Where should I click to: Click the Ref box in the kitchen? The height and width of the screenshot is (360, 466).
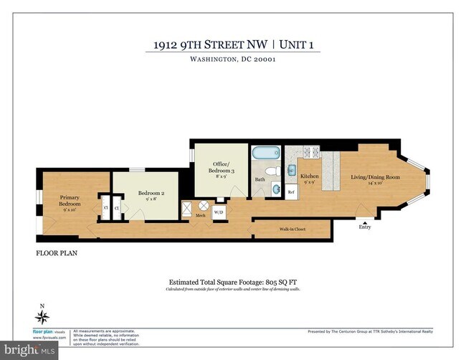tap(292, 192)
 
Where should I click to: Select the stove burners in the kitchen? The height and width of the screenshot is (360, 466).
tap(313, 153)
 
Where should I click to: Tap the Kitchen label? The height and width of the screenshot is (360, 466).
tap(309, 176)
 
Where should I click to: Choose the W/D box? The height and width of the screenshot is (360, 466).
tap(219, 211)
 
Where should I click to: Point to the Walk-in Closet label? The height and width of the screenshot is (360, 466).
tap(292, 229)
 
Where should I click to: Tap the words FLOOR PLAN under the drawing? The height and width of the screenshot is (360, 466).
tap(57, 253)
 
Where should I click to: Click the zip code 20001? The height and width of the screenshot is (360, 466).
tap(260, 60)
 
